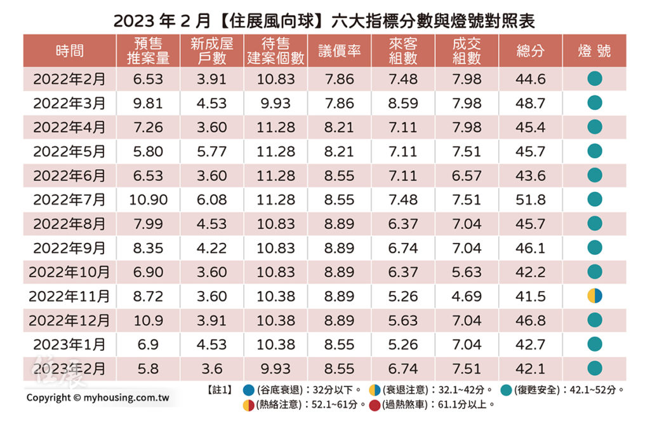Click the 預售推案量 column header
coord(148,51)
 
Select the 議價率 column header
coord(340,51)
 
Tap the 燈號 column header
coord(594,51)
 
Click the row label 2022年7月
coord(69,200)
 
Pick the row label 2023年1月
coord(69,345)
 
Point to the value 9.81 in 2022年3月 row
coord(148,103)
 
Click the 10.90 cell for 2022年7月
coord(148,200)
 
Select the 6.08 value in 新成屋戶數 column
coord(211,200)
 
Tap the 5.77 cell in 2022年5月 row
coord(211,151)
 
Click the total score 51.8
coord(531,200)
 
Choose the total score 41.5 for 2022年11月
coord(531,296)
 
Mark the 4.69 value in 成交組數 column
coord(467,296)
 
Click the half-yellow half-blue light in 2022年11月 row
coord(594,296)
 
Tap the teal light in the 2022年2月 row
coord(594,79)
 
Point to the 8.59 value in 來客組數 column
coord(403,103)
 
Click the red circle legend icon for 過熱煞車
coord(375,404)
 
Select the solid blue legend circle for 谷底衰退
coord(248,389)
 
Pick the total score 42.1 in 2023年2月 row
coord(531,369)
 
